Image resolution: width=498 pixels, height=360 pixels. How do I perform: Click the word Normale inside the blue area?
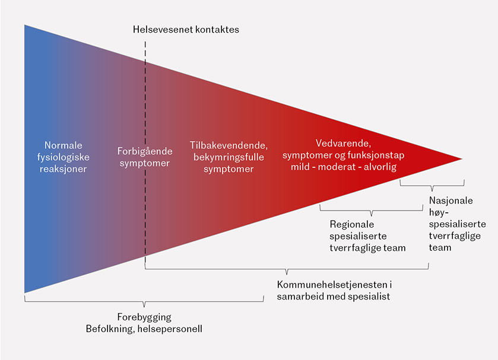(x=64, y=145)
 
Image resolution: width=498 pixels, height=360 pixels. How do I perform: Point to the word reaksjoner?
(x=64, y=169)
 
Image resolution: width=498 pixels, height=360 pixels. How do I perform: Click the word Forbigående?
(x=144, y=151)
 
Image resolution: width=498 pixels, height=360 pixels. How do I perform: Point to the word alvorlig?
(x=378, y=167)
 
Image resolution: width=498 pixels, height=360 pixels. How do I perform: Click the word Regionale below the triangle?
(x=352, y=224)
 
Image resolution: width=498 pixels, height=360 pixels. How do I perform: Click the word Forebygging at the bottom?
(x=144, y=317)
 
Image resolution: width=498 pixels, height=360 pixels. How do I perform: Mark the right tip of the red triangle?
(x=461, y=159)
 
